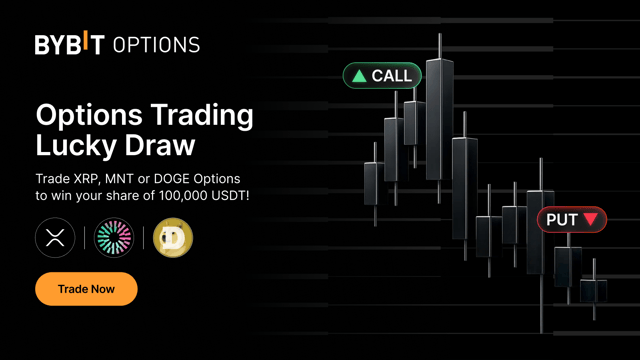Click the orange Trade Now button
(86, 289)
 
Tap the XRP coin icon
(55, 238)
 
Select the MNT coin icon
(114, 238)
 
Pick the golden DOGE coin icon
(173, 238)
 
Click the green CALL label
(383, 76)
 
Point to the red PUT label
(571, 219)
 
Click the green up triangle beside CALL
(358, 76)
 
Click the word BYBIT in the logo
(70, 45)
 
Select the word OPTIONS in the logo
(156, 45)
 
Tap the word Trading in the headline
(198, 114)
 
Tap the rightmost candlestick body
(594, 291)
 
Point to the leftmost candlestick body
(372, 185)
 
